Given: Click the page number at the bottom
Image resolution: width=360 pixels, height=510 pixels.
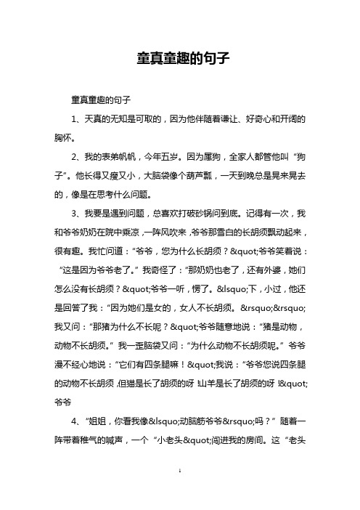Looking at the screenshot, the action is point(179,491).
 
